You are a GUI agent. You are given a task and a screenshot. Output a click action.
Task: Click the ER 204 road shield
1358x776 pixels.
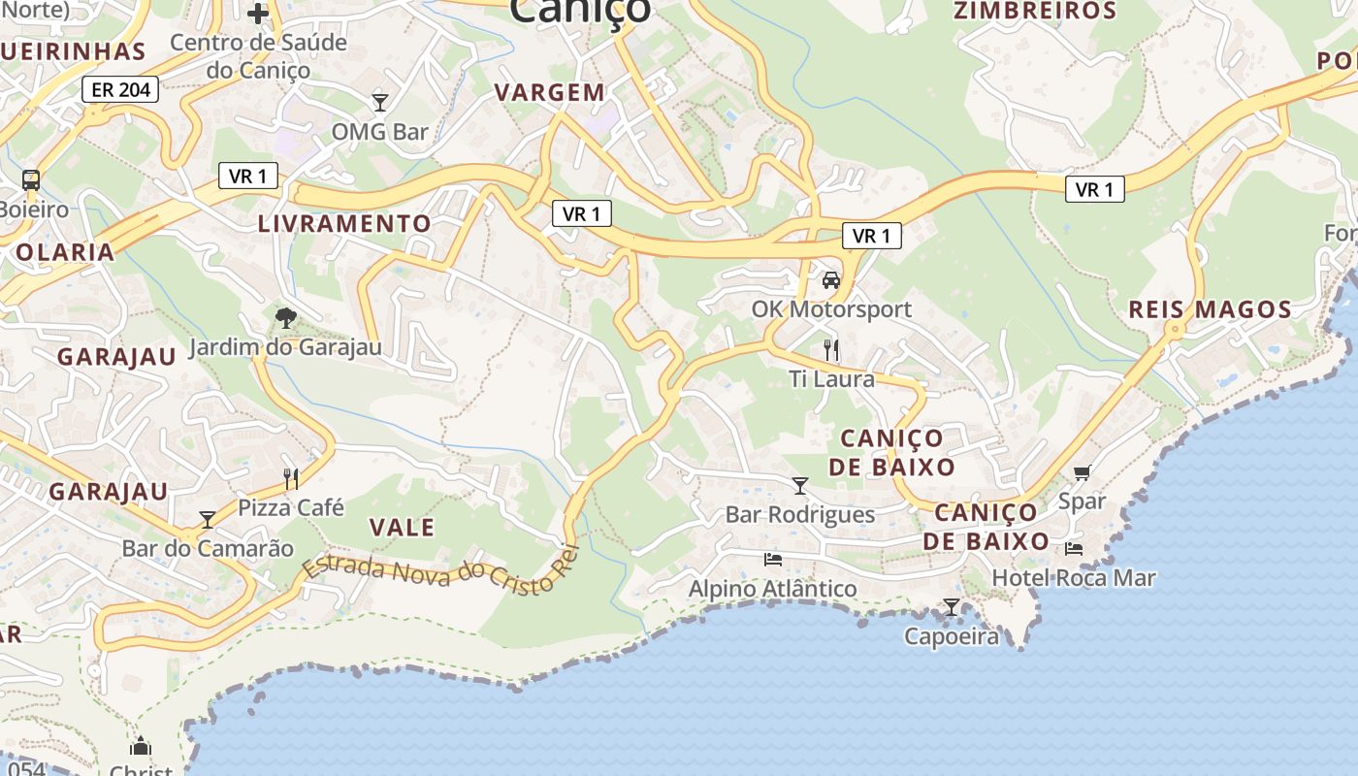pyautogui.click(x=120, y=90)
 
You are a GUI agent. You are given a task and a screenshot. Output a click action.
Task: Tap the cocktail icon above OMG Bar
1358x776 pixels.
pyautogui.click(x=380, y=102)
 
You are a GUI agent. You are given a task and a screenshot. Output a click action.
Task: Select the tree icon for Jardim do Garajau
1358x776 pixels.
pyautogui.click(x=285, y=317)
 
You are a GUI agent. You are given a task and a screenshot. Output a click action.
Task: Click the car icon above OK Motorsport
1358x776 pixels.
pyautogui.click(x=830, y=280)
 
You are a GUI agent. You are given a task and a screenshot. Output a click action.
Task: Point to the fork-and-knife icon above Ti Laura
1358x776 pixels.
pyautogui.click(x=831, y=349)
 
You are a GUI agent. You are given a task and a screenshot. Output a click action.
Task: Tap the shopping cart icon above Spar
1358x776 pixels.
pyautogui.click(x=1083, y=472)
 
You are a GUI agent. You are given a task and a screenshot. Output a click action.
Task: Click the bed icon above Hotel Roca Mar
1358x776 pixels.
pyautogui.click(x=1074, y=548)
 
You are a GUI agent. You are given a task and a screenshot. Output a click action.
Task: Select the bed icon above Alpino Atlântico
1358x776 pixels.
pyautogui.click(x=773, y=559)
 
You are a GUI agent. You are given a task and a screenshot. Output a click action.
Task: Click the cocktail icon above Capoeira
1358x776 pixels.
pyautogui.click(x=952, y=607)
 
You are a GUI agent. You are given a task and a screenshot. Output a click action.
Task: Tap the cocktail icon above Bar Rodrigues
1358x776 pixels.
pyautogui.click(x=800, y=485)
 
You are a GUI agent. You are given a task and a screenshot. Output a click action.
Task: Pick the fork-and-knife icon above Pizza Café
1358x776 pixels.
pyautogui.click(x=291, y=477)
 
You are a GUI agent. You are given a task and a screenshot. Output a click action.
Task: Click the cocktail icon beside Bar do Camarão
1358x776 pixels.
pyautogui.click(x=208, y=520)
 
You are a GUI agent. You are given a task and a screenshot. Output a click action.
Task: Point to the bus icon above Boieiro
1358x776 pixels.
pyautogui.click(x=31, y=179)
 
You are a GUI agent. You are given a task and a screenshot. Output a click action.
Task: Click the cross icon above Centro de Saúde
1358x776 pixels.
pyautogui.click(x=258, y=14)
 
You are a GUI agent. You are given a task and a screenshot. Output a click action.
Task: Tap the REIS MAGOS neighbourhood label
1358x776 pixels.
pyautogui.click(x=1210, y=310)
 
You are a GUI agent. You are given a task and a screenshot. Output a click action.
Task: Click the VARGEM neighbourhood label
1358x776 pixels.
pyautogui.click(x=550, y=93)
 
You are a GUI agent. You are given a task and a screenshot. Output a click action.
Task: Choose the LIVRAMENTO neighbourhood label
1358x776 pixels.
pyautogui.click(x=344, y=224)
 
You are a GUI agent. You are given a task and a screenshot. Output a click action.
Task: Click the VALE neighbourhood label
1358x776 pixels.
pyautogui.click(x=403, y=528)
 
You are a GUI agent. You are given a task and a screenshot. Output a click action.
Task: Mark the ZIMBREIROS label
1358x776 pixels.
pyautogui.click(x=1035, y=12)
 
